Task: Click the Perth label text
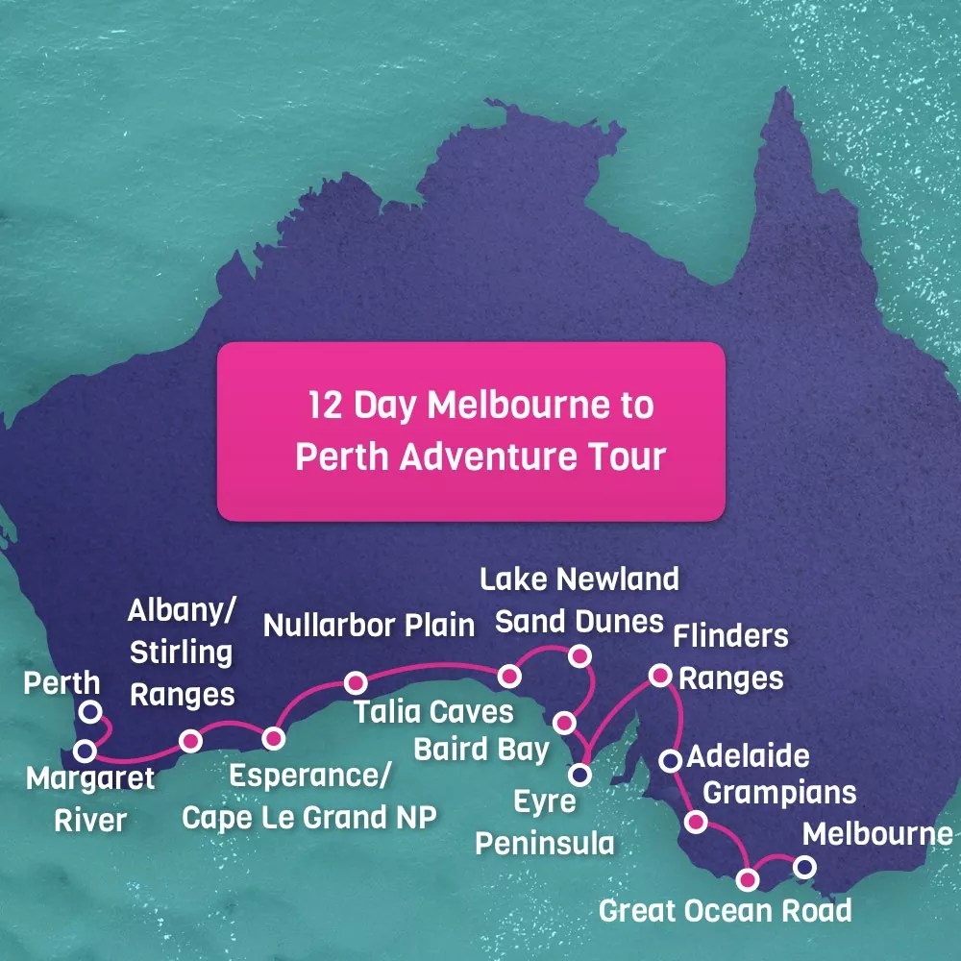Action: pos(62,683)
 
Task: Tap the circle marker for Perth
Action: pos(89,711)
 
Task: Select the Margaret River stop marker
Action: pos(85,750)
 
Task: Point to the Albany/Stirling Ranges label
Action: pos(182,652)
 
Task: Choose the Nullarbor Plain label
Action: pos(369,626)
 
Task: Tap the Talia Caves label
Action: pos(433,712)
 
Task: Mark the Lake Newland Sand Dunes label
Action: pos(579,600)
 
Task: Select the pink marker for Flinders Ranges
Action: pos(660,676)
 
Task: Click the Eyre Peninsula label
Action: pos(545,823)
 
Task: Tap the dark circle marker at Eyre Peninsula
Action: pos(579,772)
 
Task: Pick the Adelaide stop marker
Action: pos(671,761)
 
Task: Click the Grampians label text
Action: pos(786,793)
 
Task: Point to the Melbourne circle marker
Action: pos(804,868)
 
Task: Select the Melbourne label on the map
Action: pos(877,834)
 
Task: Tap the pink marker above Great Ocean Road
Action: pos(747,878)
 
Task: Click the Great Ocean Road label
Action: pos(725,910)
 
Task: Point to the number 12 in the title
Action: pos(326,406)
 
